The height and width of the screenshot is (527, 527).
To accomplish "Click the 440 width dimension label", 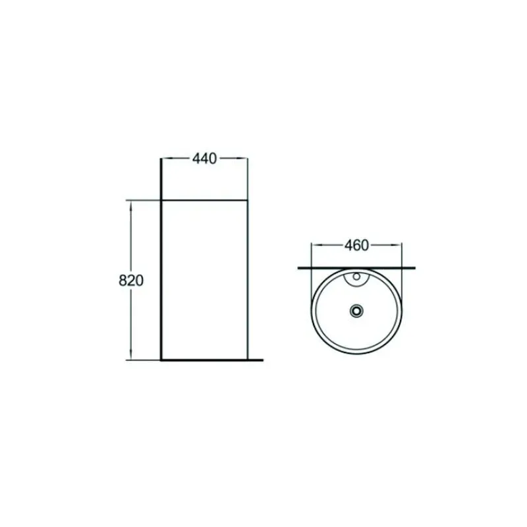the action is pyautogui.click(x=204, y=159).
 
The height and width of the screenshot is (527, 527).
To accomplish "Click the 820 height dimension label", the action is pyautogui.click(x=131, y=281).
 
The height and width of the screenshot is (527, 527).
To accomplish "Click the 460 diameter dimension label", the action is pyautogui.click(x=356, y=245).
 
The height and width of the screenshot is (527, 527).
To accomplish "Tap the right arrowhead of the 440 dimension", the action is pyautogui.click(x=242, y=158).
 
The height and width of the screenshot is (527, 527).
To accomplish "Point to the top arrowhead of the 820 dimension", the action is pyautogui.click(x=130, y=206).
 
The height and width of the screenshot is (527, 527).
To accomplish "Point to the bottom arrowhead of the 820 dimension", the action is pyautogui.click(x=130, y=355).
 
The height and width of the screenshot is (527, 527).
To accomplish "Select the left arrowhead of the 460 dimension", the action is pyautogui.click(x=316, y=245).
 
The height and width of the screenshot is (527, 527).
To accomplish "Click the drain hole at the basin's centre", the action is pyautogui.click(x=356, y=310).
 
